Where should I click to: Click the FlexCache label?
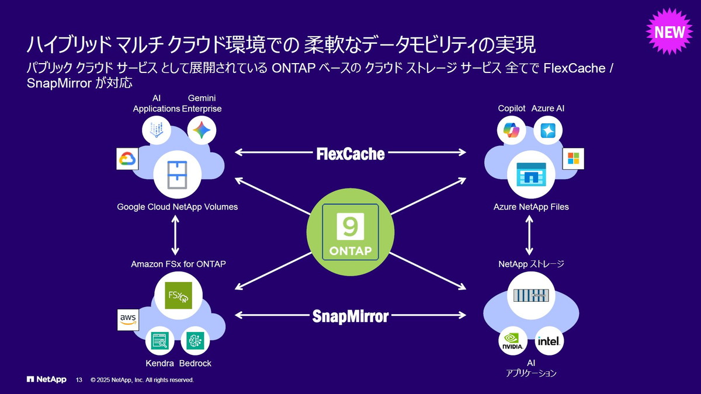point(350,154)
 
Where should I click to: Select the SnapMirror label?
point(350,316)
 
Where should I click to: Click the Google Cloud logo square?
point(127,159)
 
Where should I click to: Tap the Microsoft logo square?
point(572,158)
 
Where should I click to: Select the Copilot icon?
point(512,130)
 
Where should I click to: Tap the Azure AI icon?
point(548,130)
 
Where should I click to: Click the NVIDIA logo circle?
point(512,341)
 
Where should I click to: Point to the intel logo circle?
point(550,341)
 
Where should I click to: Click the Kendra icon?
point(159,341)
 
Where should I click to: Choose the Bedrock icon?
point(195,341)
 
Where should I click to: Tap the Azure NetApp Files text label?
point(531,207)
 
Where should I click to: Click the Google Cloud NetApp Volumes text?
point(177,207)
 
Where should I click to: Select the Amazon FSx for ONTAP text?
point(178,264)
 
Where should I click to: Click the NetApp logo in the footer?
point(46,379)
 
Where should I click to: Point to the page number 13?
point(79,380)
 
